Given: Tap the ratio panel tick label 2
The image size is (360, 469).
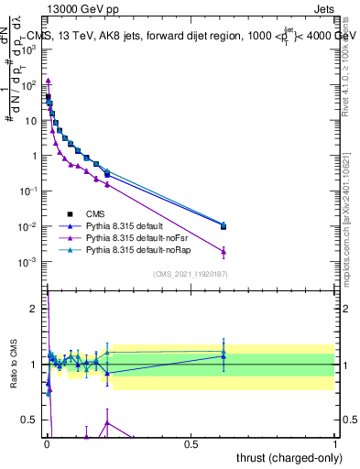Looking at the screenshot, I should [x=36, y=309].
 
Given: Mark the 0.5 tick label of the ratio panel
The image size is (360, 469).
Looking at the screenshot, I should [x=31, y=420].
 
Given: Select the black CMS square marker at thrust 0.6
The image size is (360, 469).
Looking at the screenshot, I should [x=224, y=226].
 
